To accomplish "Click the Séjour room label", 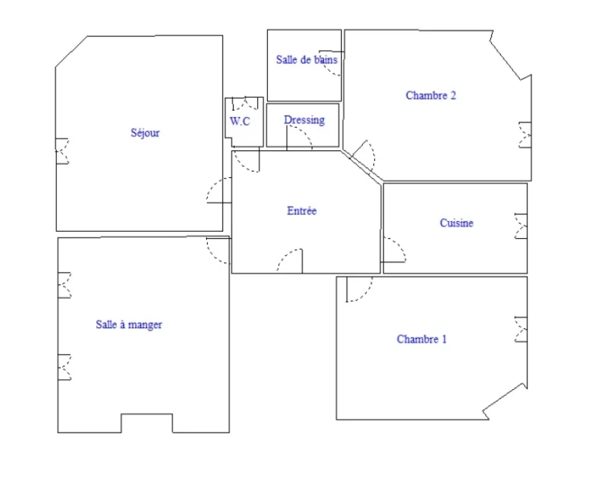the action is point(145,133).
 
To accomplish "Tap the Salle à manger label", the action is point(129,324).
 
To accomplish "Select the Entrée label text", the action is point(302,210).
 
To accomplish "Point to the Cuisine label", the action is point(456,223).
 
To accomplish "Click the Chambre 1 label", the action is point(422,339).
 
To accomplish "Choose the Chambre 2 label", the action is point(431,96).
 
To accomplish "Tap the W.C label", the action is point(240,121).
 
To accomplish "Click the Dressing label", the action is point(304,120).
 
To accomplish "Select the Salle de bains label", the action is point(307,59).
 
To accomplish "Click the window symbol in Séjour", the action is point(62,151).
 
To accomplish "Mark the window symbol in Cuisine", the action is point(521,226).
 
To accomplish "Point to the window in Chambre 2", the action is point(525,135).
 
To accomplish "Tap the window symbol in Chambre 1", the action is point(521,330).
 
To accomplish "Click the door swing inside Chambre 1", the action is point(359,290).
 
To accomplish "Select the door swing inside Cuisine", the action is point(394,250).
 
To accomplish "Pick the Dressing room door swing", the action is point(299,138).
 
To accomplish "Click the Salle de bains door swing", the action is point(331,63).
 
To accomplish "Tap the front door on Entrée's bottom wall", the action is point(290,260).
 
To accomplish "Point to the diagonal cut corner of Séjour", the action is point(72,52).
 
